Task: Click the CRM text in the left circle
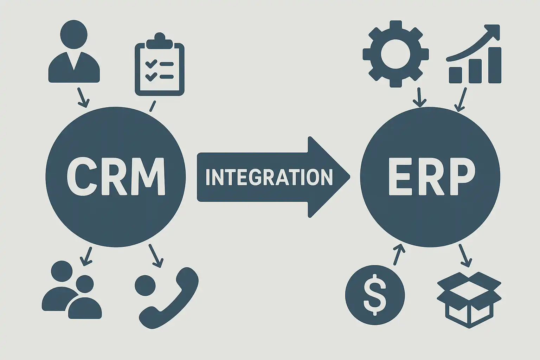click(116, 177)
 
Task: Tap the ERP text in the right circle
click(431, 176)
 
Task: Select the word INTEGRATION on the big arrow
click(269, 177)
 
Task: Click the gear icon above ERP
click(396, 54)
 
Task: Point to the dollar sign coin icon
click(375, 295)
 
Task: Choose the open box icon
click(469, 300)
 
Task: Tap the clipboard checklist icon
click(160, 64)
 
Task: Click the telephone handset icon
click(169, 298)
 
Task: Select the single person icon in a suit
click(74, 51)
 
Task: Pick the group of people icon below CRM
click(72, 290)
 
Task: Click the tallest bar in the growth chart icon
click(495, 65)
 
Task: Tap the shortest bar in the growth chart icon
click(455, 75)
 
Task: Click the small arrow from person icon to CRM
click(83, 98)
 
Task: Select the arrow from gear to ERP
click(419, 97)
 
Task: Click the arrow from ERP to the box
click(465, 256)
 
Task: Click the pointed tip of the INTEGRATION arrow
click(350, 177)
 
